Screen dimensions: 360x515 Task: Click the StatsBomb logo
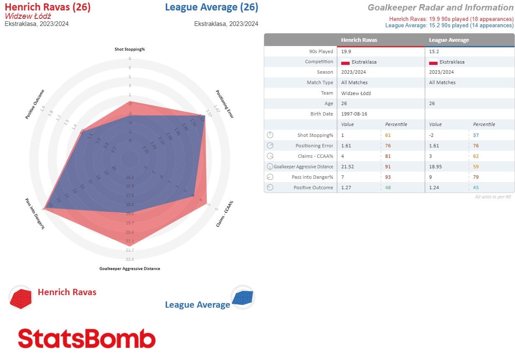coord(87,338)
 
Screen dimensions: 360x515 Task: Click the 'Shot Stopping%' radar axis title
coord(129,49)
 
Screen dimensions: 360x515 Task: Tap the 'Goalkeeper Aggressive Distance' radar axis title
coord(129,269)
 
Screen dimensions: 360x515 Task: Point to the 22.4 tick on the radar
coord(130,259)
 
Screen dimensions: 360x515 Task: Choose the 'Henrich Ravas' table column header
coord(359,40)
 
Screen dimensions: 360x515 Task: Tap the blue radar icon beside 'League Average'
coord(242,298)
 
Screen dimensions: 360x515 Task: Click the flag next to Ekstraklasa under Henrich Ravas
coord(345,62)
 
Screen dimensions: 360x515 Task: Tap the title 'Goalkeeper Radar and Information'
coord(440,8)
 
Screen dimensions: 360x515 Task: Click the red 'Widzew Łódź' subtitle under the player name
coord(25,16)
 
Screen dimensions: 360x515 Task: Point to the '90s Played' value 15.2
coord(433,51)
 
